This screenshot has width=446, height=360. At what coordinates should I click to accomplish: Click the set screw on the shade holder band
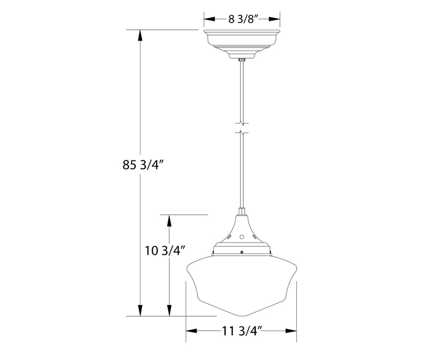pyautogui.click(x=242, y=251)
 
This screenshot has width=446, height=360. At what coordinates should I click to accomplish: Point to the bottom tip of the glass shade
pyautogui.click(x=241, y=315)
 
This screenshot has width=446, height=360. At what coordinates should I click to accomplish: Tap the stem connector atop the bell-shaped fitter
pyautogui.click(x=241, y=211)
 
